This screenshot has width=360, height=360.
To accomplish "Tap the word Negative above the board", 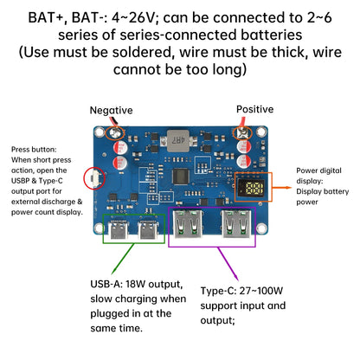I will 112,111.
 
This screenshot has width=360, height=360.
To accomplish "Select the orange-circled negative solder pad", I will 112,134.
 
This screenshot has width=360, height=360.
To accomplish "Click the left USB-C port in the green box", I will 118,232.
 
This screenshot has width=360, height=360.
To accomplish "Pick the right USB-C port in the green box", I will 145,232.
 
